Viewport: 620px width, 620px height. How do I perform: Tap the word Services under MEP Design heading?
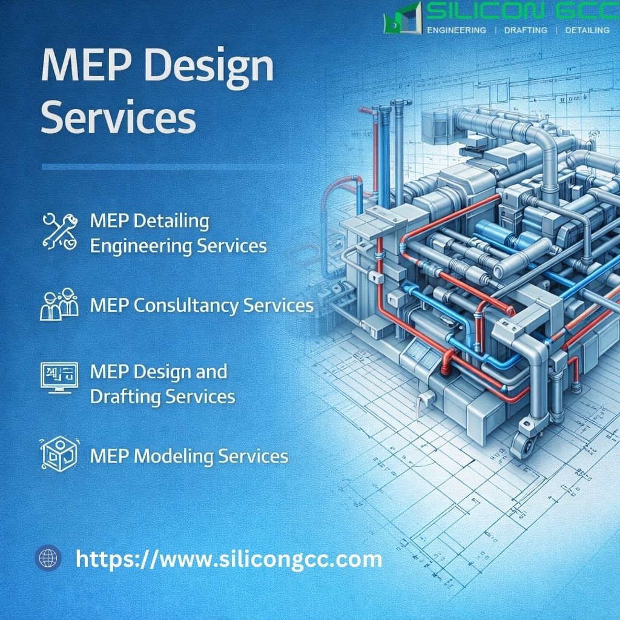pos(118,117)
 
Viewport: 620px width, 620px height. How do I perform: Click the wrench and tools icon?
pos(60,231)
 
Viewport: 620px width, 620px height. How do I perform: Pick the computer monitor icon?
pos(59,378)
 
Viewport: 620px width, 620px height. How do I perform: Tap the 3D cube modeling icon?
pos(60,454)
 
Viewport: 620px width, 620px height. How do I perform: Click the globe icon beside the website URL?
pos(48,558)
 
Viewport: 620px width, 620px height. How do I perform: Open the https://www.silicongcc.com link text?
pos(229,559)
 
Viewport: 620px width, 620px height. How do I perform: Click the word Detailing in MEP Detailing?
pos(171,222)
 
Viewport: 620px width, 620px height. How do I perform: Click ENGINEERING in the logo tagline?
pos(457,30)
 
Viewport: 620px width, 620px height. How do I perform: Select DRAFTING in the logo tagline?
pos(526,30)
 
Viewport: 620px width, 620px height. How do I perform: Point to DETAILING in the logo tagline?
pos(587,30)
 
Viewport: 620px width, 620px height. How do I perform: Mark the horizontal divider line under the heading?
pos(174,167)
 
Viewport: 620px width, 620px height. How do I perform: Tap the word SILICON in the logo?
pos(485,11)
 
